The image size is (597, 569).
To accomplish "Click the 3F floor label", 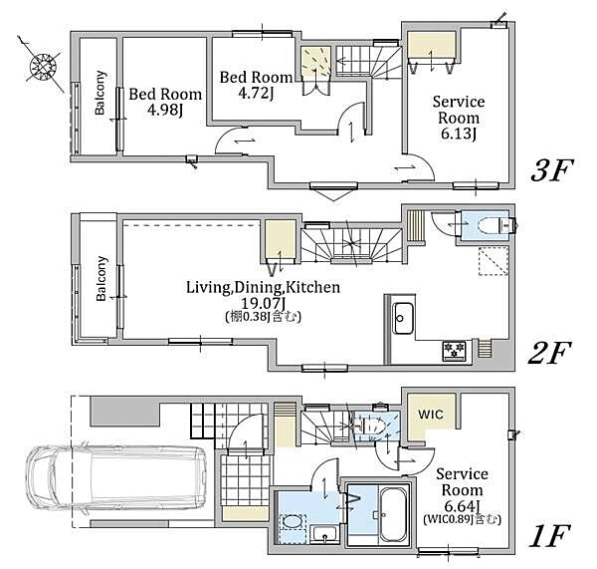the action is click(552, 170).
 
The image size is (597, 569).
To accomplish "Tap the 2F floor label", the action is click(549, 353).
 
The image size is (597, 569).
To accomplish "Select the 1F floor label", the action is click(549, 536).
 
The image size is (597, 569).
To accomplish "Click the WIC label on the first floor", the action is click(431, 414).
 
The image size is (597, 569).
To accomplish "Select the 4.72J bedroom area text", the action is click(256, 94).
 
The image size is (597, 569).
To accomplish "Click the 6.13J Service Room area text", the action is click(458, 134).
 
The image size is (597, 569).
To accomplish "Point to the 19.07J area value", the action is click(264, 304).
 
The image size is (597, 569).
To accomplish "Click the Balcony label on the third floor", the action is click(99, 93).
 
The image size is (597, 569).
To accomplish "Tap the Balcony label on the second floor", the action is click(101, 279).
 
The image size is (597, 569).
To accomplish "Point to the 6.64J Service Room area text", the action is click(462, 506).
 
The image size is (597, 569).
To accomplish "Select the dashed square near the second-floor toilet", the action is click(494, 261).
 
